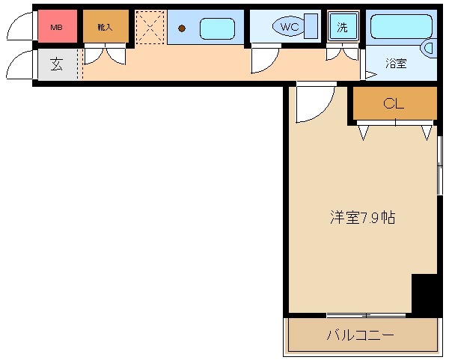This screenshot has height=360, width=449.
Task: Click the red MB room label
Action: (56, 28)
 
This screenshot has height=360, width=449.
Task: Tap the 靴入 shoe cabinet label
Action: (104, 28)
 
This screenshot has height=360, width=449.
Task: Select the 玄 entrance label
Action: (57, 64)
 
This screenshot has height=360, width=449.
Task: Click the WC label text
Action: (288, 27)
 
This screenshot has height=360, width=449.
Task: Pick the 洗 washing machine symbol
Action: (342, 28)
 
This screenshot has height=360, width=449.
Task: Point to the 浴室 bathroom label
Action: (396, 64)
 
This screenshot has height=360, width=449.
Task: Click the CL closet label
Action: (394, 104)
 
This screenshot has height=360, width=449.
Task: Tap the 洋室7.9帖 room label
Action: (363, 218)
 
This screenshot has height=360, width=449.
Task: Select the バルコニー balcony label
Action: (359, 335)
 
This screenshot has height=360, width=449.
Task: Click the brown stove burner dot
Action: (181, 29)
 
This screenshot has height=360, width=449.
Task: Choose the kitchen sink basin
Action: (217, 28)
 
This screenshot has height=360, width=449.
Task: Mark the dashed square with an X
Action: (150, 28)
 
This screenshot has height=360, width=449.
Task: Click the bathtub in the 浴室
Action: (401, 26)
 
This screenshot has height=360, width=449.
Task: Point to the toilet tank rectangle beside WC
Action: (311, 27)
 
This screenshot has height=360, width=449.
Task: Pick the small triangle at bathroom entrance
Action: (369, 74)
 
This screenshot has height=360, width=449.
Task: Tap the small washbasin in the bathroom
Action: (429, 48)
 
